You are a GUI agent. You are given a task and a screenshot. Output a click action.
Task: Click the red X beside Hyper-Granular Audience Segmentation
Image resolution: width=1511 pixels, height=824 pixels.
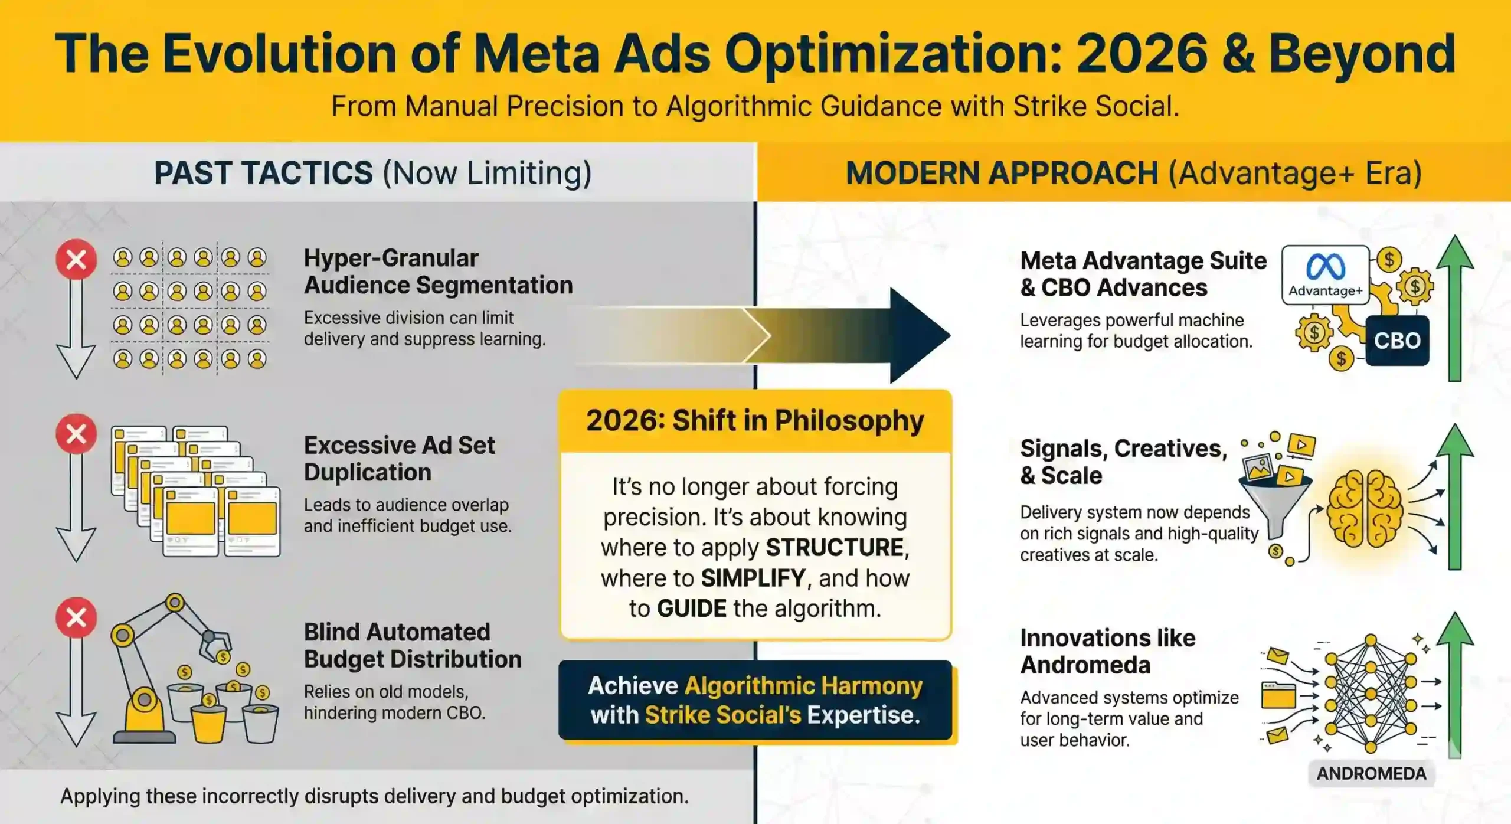[x=76, y=259]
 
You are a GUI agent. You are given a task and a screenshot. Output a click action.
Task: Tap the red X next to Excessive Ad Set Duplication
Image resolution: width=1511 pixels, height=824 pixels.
[x=76, y=434]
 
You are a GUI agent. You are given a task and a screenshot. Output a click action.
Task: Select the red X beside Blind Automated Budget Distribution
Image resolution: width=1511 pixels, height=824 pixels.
[x=76, y=617]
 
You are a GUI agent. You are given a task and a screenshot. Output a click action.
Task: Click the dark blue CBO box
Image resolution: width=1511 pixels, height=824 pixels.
[x=1396, y=341]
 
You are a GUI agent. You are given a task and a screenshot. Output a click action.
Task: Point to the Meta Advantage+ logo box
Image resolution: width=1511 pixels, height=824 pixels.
[x=1325, y=275]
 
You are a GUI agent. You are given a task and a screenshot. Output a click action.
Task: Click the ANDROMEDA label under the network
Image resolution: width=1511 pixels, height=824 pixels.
[x=1371, y=773]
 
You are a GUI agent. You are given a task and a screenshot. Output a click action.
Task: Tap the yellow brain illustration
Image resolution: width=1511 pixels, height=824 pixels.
[x=1364, y=508]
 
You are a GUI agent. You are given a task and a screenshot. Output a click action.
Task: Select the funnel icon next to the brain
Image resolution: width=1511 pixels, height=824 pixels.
[x=1275, y=502]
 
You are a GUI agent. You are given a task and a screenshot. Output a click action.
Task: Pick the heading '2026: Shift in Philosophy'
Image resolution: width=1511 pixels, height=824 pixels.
[x=755, y=421]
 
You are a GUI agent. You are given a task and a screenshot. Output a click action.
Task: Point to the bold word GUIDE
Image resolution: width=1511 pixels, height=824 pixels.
[x=691, y=609]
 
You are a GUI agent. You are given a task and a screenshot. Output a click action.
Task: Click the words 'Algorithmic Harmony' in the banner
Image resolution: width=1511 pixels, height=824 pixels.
[x=803, y=686]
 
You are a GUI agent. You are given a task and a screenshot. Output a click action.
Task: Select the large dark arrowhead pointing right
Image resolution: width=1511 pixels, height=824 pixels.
[x=918, y=335]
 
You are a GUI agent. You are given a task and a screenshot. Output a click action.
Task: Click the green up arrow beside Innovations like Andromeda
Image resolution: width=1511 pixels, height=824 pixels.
[x=1455, y=685]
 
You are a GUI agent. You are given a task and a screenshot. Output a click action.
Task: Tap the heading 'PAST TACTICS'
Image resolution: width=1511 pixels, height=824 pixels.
[x=263, y=173]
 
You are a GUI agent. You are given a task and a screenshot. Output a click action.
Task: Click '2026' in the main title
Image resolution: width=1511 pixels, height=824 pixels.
[x=1142, y=54]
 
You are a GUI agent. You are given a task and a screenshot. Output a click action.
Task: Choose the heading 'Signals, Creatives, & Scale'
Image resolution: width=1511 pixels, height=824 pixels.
[x=1123, y=462]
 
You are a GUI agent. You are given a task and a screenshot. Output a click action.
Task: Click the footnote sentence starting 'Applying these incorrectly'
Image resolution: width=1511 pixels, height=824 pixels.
[x=374, y=796]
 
